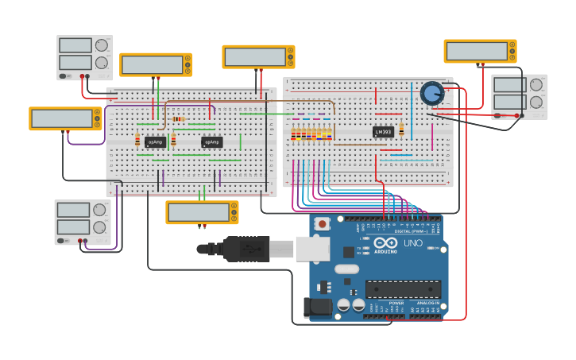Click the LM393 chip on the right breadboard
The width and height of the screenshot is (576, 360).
tap(383, 132)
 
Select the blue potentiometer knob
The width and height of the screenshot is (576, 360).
tap(431, 94)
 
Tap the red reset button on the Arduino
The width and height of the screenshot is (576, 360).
tap(322, 224)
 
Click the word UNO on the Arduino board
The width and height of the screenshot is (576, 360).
tap(413, 243)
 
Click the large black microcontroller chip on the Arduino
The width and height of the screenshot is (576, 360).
tap(403, 289)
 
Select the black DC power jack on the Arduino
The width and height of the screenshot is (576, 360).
tap(318, 308)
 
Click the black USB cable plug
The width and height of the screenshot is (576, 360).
tap(246, 249)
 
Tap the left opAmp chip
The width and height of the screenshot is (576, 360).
tap(156, 142)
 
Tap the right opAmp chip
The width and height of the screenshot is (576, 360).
tap(212, 142)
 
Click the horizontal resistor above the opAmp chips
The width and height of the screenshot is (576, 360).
tap(179, 119)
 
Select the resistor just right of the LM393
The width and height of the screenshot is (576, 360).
tap(401, 130)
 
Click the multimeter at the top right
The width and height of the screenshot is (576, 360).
tap(480, 52)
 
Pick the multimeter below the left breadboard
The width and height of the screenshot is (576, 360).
tap(202, 212)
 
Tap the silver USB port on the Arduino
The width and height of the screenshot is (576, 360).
tap(312, 249)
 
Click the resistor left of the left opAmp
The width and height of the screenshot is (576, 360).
tap(137, 141)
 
